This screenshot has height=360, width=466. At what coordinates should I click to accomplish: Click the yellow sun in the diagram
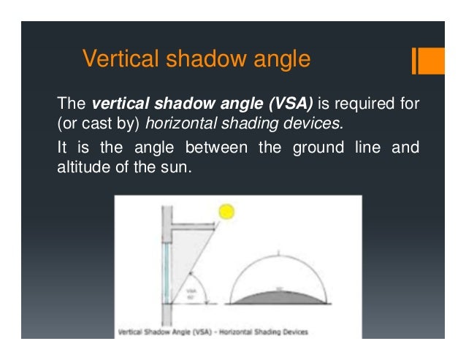[226, 212]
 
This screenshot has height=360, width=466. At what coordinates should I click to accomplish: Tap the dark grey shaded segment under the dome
[278, 296]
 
